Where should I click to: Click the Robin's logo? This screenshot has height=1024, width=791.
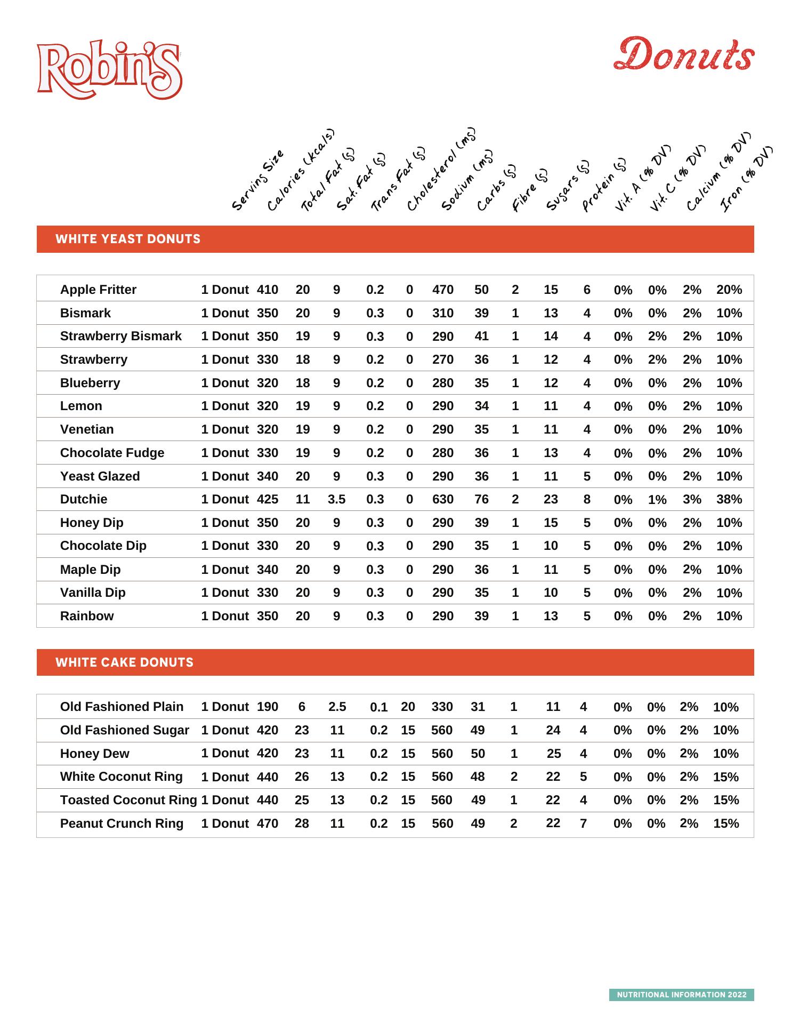[110, 70]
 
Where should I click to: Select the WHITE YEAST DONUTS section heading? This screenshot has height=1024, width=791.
[128, 239]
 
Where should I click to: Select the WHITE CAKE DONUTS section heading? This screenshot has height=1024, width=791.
[124, 662]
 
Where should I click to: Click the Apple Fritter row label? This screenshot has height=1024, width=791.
[98, 290]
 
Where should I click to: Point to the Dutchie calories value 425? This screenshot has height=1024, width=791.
[268, 499]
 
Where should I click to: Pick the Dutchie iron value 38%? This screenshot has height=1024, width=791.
[729, 499]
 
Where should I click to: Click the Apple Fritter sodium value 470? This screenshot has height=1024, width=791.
[442, 290]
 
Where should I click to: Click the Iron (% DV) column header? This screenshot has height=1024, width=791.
[746, 179]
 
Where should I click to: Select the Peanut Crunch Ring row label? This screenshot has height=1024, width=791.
[122, 823]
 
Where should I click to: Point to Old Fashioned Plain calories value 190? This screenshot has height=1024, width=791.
[268, 707]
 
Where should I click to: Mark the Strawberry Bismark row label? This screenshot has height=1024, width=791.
[120, 336]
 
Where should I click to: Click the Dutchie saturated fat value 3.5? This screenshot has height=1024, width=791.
[336, 499]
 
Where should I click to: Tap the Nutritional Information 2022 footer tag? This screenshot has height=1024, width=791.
[681, 995]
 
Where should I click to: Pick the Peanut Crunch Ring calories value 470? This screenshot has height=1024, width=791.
[268, 823]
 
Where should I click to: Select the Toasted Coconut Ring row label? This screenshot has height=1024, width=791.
[128, 800]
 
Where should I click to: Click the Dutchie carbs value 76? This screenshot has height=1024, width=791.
[481, 499]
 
